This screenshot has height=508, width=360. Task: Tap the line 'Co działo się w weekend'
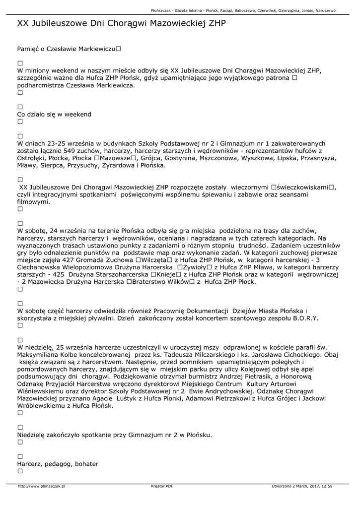click(x=54, y=115)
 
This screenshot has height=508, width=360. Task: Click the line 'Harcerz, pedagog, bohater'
click(x=58, y=464)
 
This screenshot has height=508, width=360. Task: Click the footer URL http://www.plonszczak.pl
click(x=42, y=486)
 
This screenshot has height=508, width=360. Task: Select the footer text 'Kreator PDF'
click(x=162, y=486)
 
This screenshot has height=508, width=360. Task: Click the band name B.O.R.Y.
click(x=305, y=318)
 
